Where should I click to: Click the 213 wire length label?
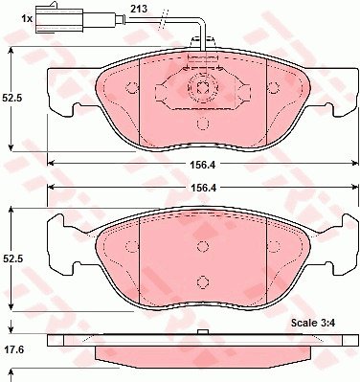coord(139,9)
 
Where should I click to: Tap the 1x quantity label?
coord(27,19)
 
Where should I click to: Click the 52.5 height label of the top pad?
coord(11,98)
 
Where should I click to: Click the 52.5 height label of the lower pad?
coord(11,259)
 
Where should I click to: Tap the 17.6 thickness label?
coord(14,349)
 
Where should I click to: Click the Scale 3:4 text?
coord(312,323)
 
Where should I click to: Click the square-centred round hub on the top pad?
coord(202,87)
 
